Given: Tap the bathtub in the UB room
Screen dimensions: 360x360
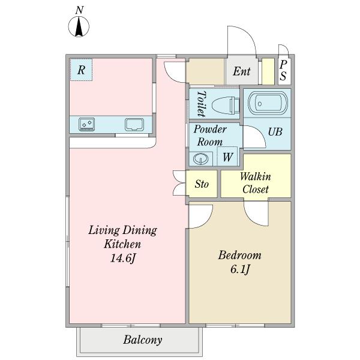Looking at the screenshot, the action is tap(268, 103).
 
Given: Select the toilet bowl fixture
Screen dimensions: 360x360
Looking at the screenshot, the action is tap(226, 105).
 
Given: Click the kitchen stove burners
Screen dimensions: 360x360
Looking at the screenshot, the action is tap(86, 124).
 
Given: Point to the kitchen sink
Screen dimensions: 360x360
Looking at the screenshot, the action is tap(134, 125).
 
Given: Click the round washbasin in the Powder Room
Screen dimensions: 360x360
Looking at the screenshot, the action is tap(200, 158).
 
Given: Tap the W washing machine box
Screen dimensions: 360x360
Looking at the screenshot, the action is tap(227, 157).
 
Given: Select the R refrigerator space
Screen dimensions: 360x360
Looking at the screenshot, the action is tap(81, 70).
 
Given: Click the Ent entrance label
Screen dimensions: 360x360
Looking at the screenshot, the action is tap(242, 71).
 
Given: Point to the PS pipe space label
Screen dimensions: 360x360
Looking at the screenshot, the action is tap(283, 70).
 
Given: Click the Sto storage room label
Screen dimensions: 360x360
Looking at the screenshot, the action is tap(202, 184).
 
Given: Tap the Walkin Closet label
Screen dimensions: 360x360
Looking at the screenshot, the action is tap(256, 183).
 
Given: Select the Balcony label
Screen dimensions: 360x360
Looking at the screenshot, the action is tap(143, 340).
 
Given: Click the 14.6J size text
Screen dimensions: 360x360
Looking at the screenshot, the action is tap(122, 258).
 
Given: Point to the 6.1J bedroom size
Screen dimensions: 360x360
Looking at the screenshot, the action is tap(240, 269).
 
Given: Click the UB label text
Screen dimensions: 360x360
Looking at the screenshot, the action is tap(275, 132).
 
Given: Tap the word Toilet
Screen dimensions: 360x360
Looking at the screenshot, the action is tap(202, 104).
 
